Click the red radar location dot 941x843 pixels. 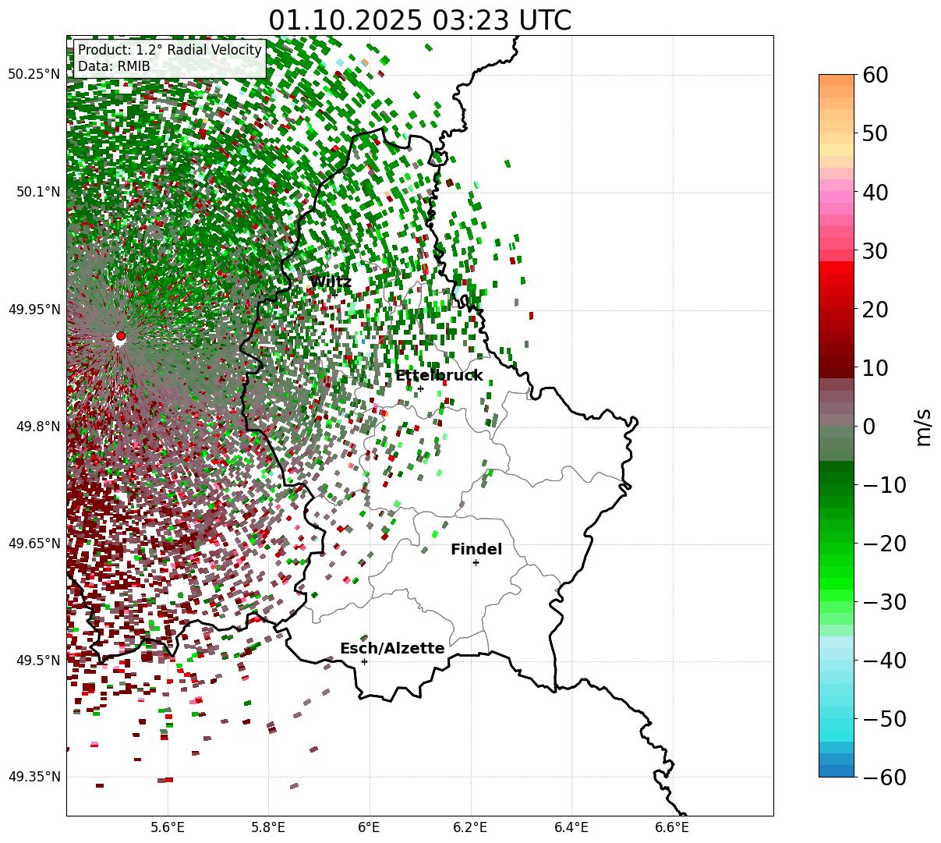pos(120,336)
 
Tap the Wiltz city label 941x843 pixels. pos(331,282)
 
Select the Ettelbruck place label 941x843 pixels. pos(439,376)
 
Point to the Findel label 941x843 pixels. pos(476,550)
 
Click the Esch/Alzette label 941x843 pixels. pos(392,649)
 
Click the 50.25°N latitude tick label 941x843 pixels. pos(34,75)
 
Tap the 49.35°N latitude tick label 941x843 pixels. pos(34,777)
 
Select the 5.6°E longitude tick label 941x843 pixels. pos(168,827)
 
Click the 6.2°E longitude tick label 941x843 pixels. pos(470,827)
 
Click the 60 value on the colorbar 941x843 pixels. pos(876,76)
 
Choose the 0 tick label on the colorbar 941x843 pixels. pos(868,427)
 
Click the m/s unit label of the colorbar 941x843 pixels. pos(924,427)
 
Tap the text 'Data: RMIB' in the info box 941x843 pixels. pos(114,66)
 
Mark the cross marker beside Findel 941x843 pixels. pos(476,562)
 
